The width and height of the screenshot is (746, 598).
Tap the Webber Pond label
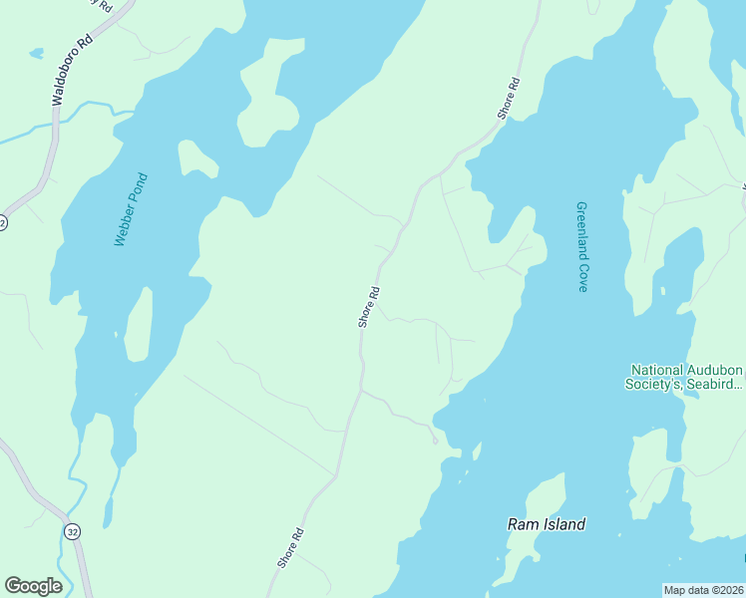pyautogui.click(x=131, y=210)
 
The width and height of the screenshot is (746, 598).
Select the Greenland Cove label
pyautogui.click(x=581, y=247)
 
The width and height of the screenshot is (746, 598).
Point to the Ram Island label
pyautogui.click(x=546, y=524)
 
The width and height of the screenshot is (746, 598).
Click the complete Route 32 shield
pyautogui.click(x=72, y=532)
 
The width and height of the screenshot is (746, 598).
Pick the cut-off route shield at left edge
pyautogui.click(x=3, y=222)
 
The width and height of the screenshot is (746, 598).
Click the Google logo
pyautogui.click(x=33, y=586)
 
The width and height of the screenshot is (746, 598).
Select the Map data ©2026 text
pyautogui.click(x=703, y=590)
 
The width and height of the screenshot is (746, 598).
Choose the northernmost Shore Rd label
pyautogui.click(x=510, y=99)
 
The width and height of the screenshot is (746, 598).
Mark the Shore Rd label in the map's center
pyautogui.click(x=369, y=307)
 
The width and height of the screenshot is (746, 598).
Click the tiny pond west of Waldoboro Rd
pyautogui.click(x=36, y=52)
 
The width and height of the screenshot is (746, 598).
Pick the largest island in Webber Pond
pyautogui.click(x=269, y=95)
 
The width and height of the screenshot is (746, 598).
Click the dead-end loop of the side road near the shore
pyautogui.click(x=435, y=441)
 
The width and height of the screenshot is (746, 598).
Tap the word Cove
pyautogui.click(x=581, y=276)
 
